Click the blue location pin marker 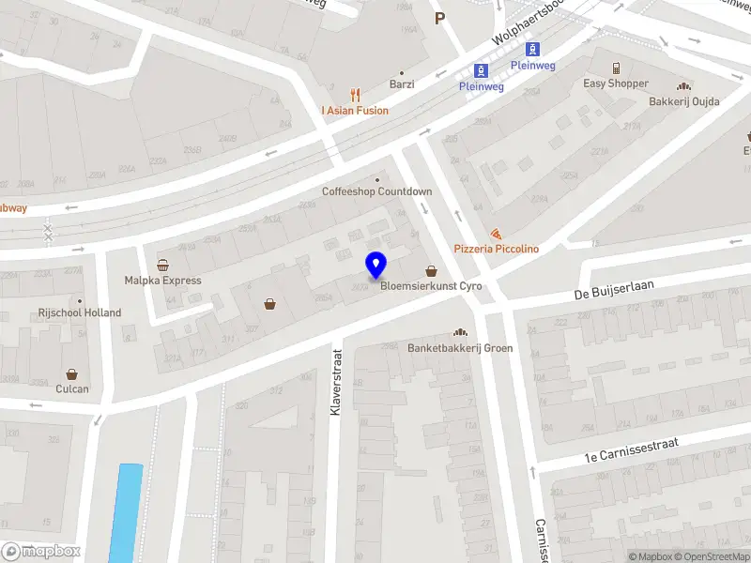376,266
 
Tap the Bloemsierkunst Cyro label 431,286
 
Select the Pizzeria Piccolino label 497,249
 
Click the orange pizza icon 497,234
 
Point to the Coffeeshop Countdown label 377,191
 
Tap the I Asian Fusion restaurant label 355,110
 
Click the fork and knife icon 355,95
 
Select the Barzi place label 402,84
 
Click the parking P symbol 438,18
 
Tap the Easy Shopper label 616,84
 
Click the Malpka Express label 163,280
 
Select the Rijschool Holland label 80,312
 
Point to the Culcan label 72,388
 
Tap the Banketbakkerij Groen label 460,348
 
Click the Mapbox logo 42,552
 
